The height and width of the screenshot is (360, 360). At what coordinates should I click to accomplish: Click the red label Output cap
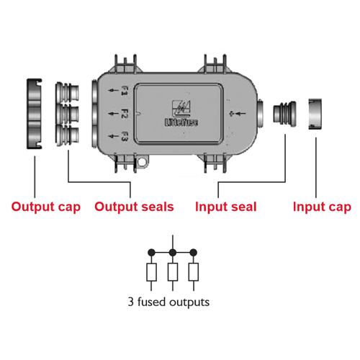pos(46,207)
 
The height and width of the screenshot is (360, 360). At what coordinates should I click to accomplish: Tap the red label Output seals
pos(134,207)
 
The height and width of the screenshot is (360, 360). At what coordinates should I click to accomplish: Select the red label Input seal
pos(226,207)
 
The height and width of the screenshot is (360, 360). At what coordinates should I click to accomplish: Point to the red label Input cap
pos(322,207)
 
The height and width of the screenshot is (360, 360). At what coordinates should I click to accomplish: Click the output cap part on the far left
pos(34,114)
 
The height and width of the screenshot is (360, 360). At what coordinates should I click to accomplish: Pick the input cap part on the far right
pos(315,114)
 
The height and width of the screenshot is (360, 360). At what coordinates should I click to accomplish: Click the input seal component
pos(284,113)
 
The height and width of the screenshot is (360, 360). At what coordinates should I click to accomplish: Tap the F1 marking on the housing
pos(125,91)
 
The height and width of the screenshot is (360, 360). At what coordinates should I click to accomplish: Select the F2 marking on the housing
pos(124,114)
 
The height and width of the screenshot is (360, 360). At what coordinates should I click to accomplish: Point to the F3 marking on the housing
pos(125,136)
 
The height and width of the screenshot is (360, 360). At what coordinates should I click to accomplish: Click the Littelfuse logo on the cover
pos(181,113)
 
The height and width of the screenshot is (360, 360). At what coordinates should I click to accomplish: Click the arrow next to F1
pos(113,91)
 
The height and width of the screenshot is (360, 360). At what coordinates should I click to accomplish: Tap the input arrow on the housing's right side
pos(238,114)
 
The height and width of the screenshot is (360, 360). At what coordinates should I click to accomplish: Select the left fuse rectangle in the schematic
pos(151,272)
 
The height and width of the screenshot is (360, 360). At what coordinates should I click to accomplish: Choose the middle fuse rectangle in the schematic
pos(173,272)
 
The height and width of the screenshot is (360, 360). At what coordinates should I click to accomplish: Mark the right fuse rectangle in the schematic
pos(194,272)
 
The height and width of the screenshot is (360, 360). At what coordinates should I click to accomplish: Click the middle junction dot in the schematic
pos(173,253)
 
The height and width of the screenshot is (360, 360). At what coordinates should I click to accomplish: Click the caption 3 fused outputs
pos(168,302)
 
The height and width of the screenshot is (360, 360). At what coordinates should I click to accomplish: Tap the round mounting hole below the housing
pos(142,162)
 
